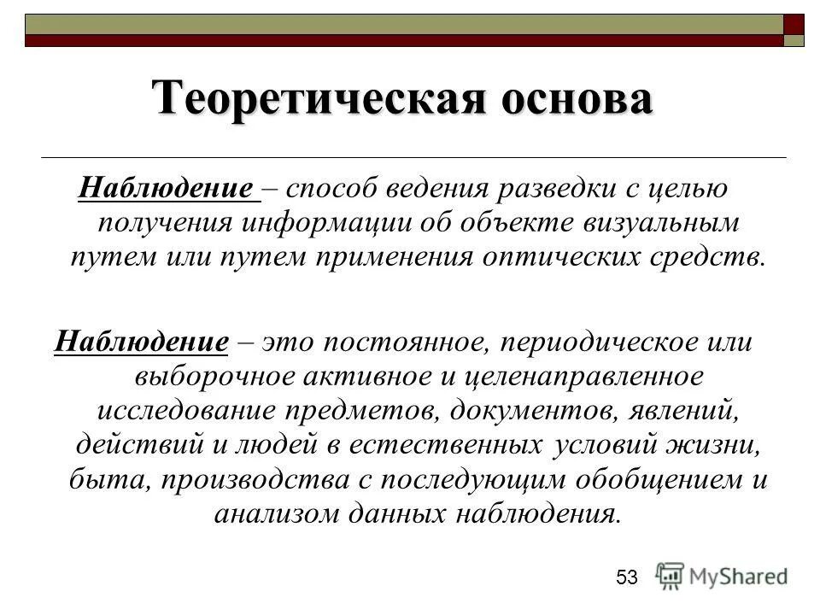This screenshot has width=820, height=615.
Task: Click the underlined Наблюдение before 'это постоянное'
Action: click(x=140, y=343)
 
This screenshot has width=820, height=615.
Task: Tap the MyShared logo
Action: click(x=723, y=576)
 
